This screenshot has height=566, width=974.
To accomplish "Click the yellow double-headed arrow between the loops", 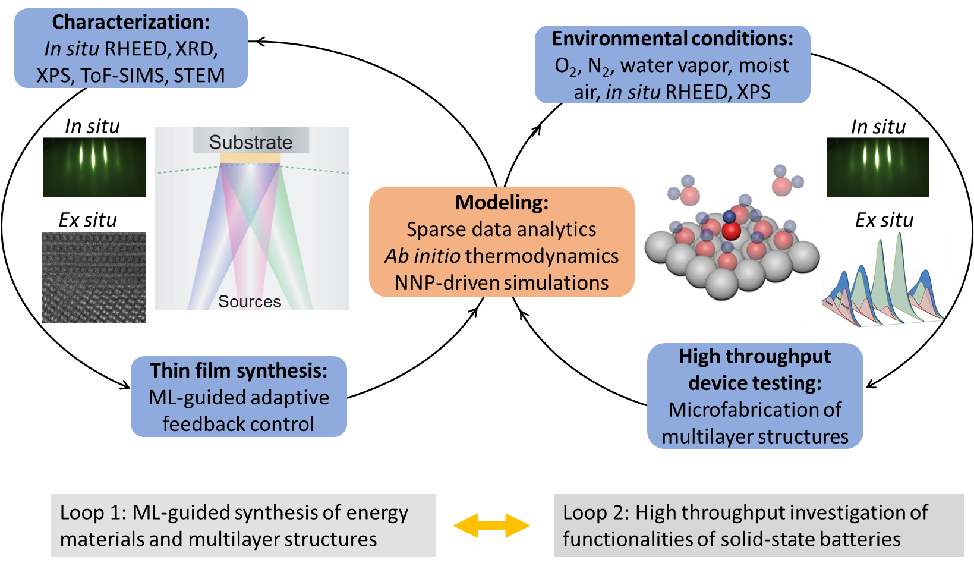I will [491, 526].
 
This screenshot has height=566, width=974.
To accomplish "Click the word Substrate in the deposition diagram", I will [251, 142].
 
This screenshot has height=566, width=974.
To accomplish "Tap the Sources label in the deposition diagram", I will [250, 301].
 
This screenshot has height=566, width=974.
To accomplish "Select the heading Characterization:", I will [131, 22].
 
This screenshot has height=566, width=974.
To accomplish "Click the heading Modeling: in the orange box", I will [502, 203].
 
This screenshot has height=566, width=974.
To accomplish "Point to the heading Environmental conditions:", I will [672, 39].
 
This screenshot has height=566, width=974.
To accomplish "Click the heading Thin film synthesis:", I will [238, 370].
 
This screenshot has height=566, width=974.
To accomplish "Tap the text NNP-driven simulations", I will [502, 282].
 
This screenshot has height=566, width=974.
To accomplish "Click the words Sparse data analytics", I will [502, 229].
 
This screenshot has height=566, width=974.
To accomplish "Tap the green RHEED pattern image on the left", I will [94, 167].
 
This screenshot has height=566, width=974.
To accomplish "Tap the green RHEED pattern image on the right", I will [878, 167].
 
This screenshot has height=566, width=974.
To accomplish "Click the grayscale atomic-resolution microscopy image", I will [94, 278].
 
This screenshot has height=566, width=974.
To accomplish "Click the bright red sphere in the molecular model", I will [731, 231].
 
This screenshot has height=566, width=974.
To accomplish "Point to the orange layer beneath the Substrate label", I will [250, 158].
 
